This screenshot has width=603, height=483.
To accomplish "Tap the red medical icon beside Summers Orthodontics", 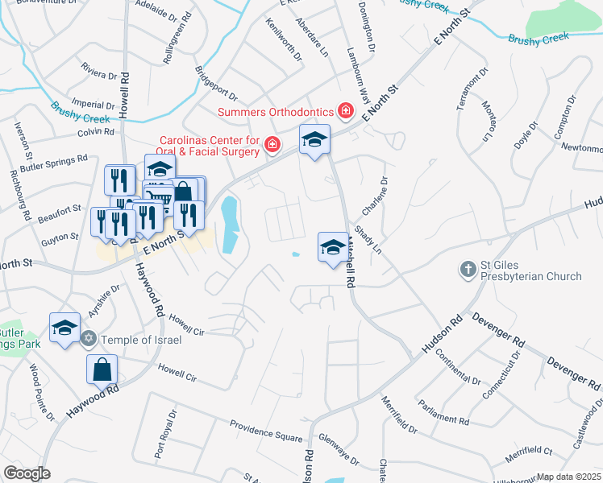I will [346, 110].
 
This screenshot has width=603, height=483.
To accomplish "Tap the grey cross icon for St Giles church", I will [467, 269].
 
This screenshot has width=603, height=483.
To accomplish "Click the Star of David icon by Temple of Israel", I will [89, 339].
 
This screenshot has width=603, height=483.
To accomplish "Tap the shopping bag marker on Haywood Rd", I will [102, 370].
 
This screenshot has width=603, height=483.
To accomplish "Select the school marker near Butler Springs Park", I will [64, 328].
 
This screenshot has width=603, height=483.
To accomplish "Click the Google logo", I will [27, 473].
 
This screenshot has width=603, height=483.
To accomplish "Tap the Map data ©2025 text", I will [569, 477].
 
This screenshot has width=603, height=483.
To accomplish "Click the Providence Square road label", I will [265, 430].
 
